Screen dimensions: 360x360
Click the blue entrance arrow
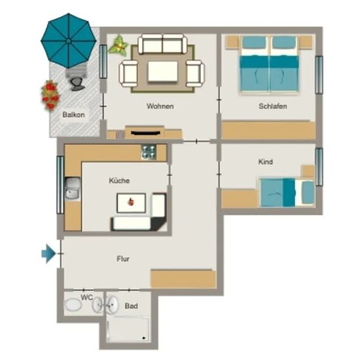[x=48, y=253]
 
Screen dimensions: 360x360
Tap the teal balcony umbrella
[x=69, y=41]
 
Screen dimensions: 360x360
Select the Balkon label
[x=73, y=115]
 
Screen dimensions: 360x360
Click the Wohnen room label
[x=160, y=106]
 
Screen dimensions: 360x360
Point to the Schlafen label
[x=273, y=106]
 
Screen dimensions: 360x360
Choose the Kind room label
[x=265, y=162]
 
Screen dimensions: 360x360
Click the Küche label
[x=119, y=181]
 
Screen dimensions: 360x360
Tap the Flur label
[x=123, y=259]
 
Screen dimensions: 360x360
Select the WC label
[x=86, y=297]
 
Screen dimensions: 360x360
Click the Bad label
[x=132, y=306]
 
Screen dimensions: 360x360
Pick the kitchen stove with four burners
[x=149, y=152]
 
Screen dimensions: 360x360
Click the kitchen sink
[x=73, y=189]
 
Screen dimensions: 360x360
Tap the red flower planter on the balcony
[x=50, y=96]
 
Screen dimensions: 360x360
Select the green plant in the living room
[x=118, y=45]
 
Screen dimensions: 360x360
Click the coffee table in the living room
[x=163, y=71]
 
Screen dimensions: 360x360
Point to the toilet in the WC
[x=73, y=305]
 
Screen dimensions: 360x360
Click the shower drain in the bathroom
[x=144, y=338]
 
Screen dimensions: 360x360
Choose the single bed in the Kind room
[x=287, y=192]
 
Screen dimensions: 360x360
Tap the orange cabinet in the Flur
[x=183, y=279]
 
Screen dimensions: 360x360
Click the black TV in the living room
[x=145, y=133]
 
